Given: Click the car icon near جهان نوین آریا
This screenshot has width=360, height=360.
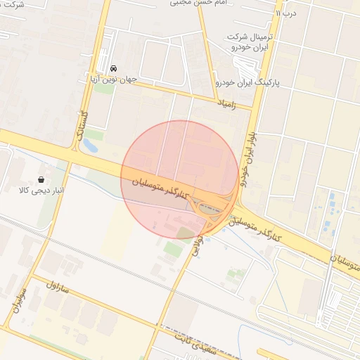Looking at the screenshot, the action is pyautogui.click(x=114, y=68).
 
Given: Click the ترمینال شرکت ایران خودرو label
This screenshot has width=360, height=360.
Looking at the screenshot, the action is pyautogui.click(x=250, y=41).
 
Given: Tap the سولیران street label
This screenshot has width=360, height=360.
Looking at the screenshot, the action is pyautogui.click(x=20, y=300).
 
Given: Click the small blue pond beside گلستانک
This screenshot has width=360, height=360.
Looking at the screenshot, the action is pyautogui.click(x=90, y=146).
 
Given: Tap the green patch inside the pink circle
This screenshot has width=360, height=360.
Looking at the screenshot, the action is pyautogui.click(x=184, y=233).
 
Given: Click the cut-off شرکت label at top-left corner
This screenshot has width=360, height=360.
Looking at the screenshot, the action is pyautogui.click(x=13, y=4).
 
